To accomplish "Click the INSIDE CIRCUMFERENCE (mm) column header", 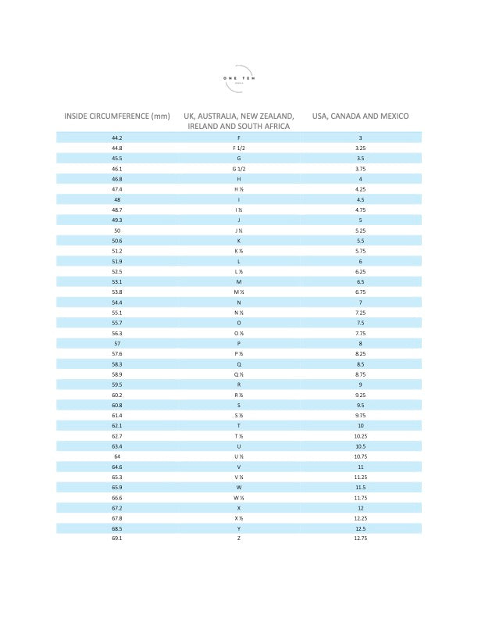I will coord(117,116).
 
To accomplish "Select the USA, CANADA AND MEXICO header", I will coord(360,116).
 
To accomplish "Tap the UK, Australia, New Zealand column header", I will coord(238,121).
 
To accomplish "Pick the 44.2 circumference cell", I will coord(117,138).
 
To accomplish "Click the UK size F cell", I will coord(238,138).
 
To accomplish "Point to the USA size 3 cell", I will coord(360,138).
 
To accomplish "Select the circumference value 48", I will coord(117,199).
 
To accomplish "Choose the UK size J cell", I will coord(238,220).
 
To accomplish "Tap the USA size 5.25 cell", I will coord(360,231).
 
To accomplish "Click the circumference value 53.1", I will coord(117,281).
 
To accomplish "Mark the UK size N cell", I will coord(238,302).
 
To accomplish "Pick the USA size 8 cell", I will coord(360,343).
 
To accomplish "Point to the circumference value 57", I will coord(117,343).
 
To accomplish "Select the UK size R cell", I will coord(238,385).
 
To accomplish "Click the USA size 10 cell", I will coord(360,426).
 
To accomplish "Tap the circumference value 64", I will coord(117,456).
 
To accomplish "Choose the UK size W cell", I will coord(238,488).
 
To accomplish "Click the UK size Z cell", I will coord(238,538).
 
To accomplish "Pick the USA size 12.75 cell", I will coord(360,538).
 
